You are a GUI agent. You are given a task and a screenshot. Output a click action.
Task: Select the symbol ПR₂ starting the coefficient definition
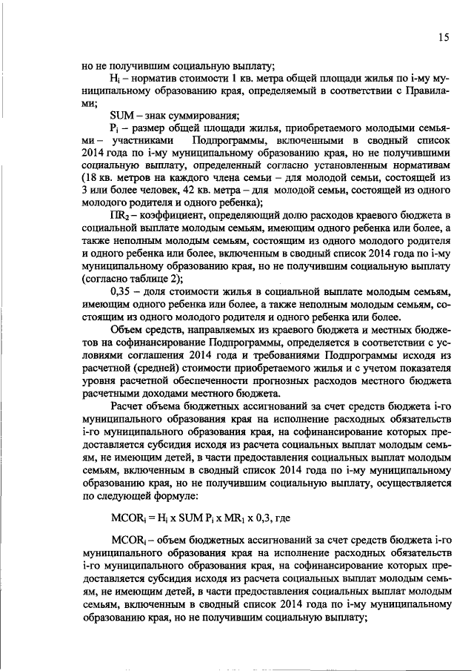pos(119,214)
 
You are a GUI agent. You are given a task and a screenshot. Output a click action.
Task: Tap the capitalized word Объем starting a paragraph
pos(127,330)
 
